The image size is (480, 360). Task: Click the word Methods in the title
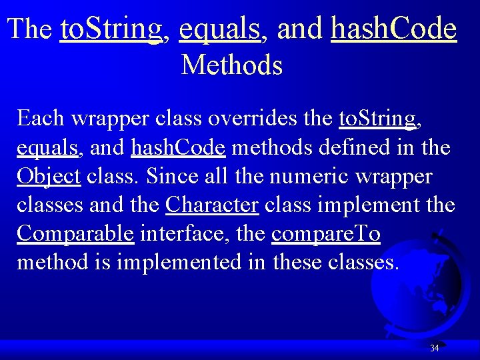(x=231, y=65)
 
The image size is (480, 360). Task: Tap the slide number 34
(x=435, y=348)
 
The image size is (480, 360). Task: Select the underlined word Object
(x=49, y=177)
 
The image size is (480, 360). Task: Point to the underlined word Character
(x=211, y=205)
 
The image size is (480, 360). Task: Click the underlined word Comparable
(x=75, y=234)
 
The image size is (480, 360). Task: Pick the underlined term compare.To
(x=326, y=234)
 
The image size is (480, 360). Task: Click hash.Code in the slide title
(x=393, y=29)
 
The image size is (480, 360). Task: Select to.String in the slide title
(x=111, y=29)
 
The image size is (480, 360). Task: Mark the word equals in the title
(x=219, y=29)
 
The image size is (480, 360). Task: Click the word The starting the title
(x=31, y=29)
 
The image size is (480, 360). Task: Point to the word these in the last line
(x=297, y=263)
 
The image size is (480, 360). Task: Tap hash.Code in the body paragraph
(x=178, y=148)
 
